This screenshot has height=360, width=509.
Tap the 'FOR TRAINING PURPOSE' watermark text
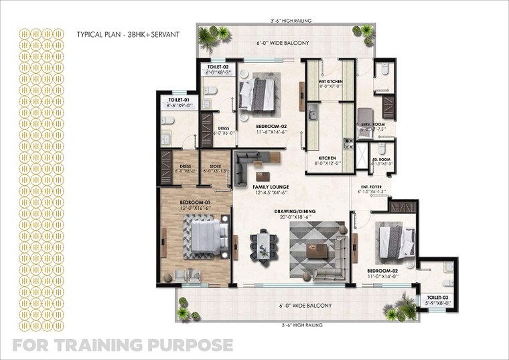[123, 346]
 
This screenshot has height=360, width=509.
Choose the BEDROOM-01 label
[195, 202]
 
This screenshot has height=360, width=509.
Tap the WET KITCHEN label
[330, 82]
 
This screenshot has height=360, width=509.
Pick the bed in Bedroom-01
[202, 238]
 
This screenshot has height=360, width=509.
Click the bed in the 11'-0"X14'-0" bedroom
[394, 241]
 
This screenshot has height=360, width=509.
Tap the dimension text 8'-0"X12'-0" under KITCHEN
[328, 162]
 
